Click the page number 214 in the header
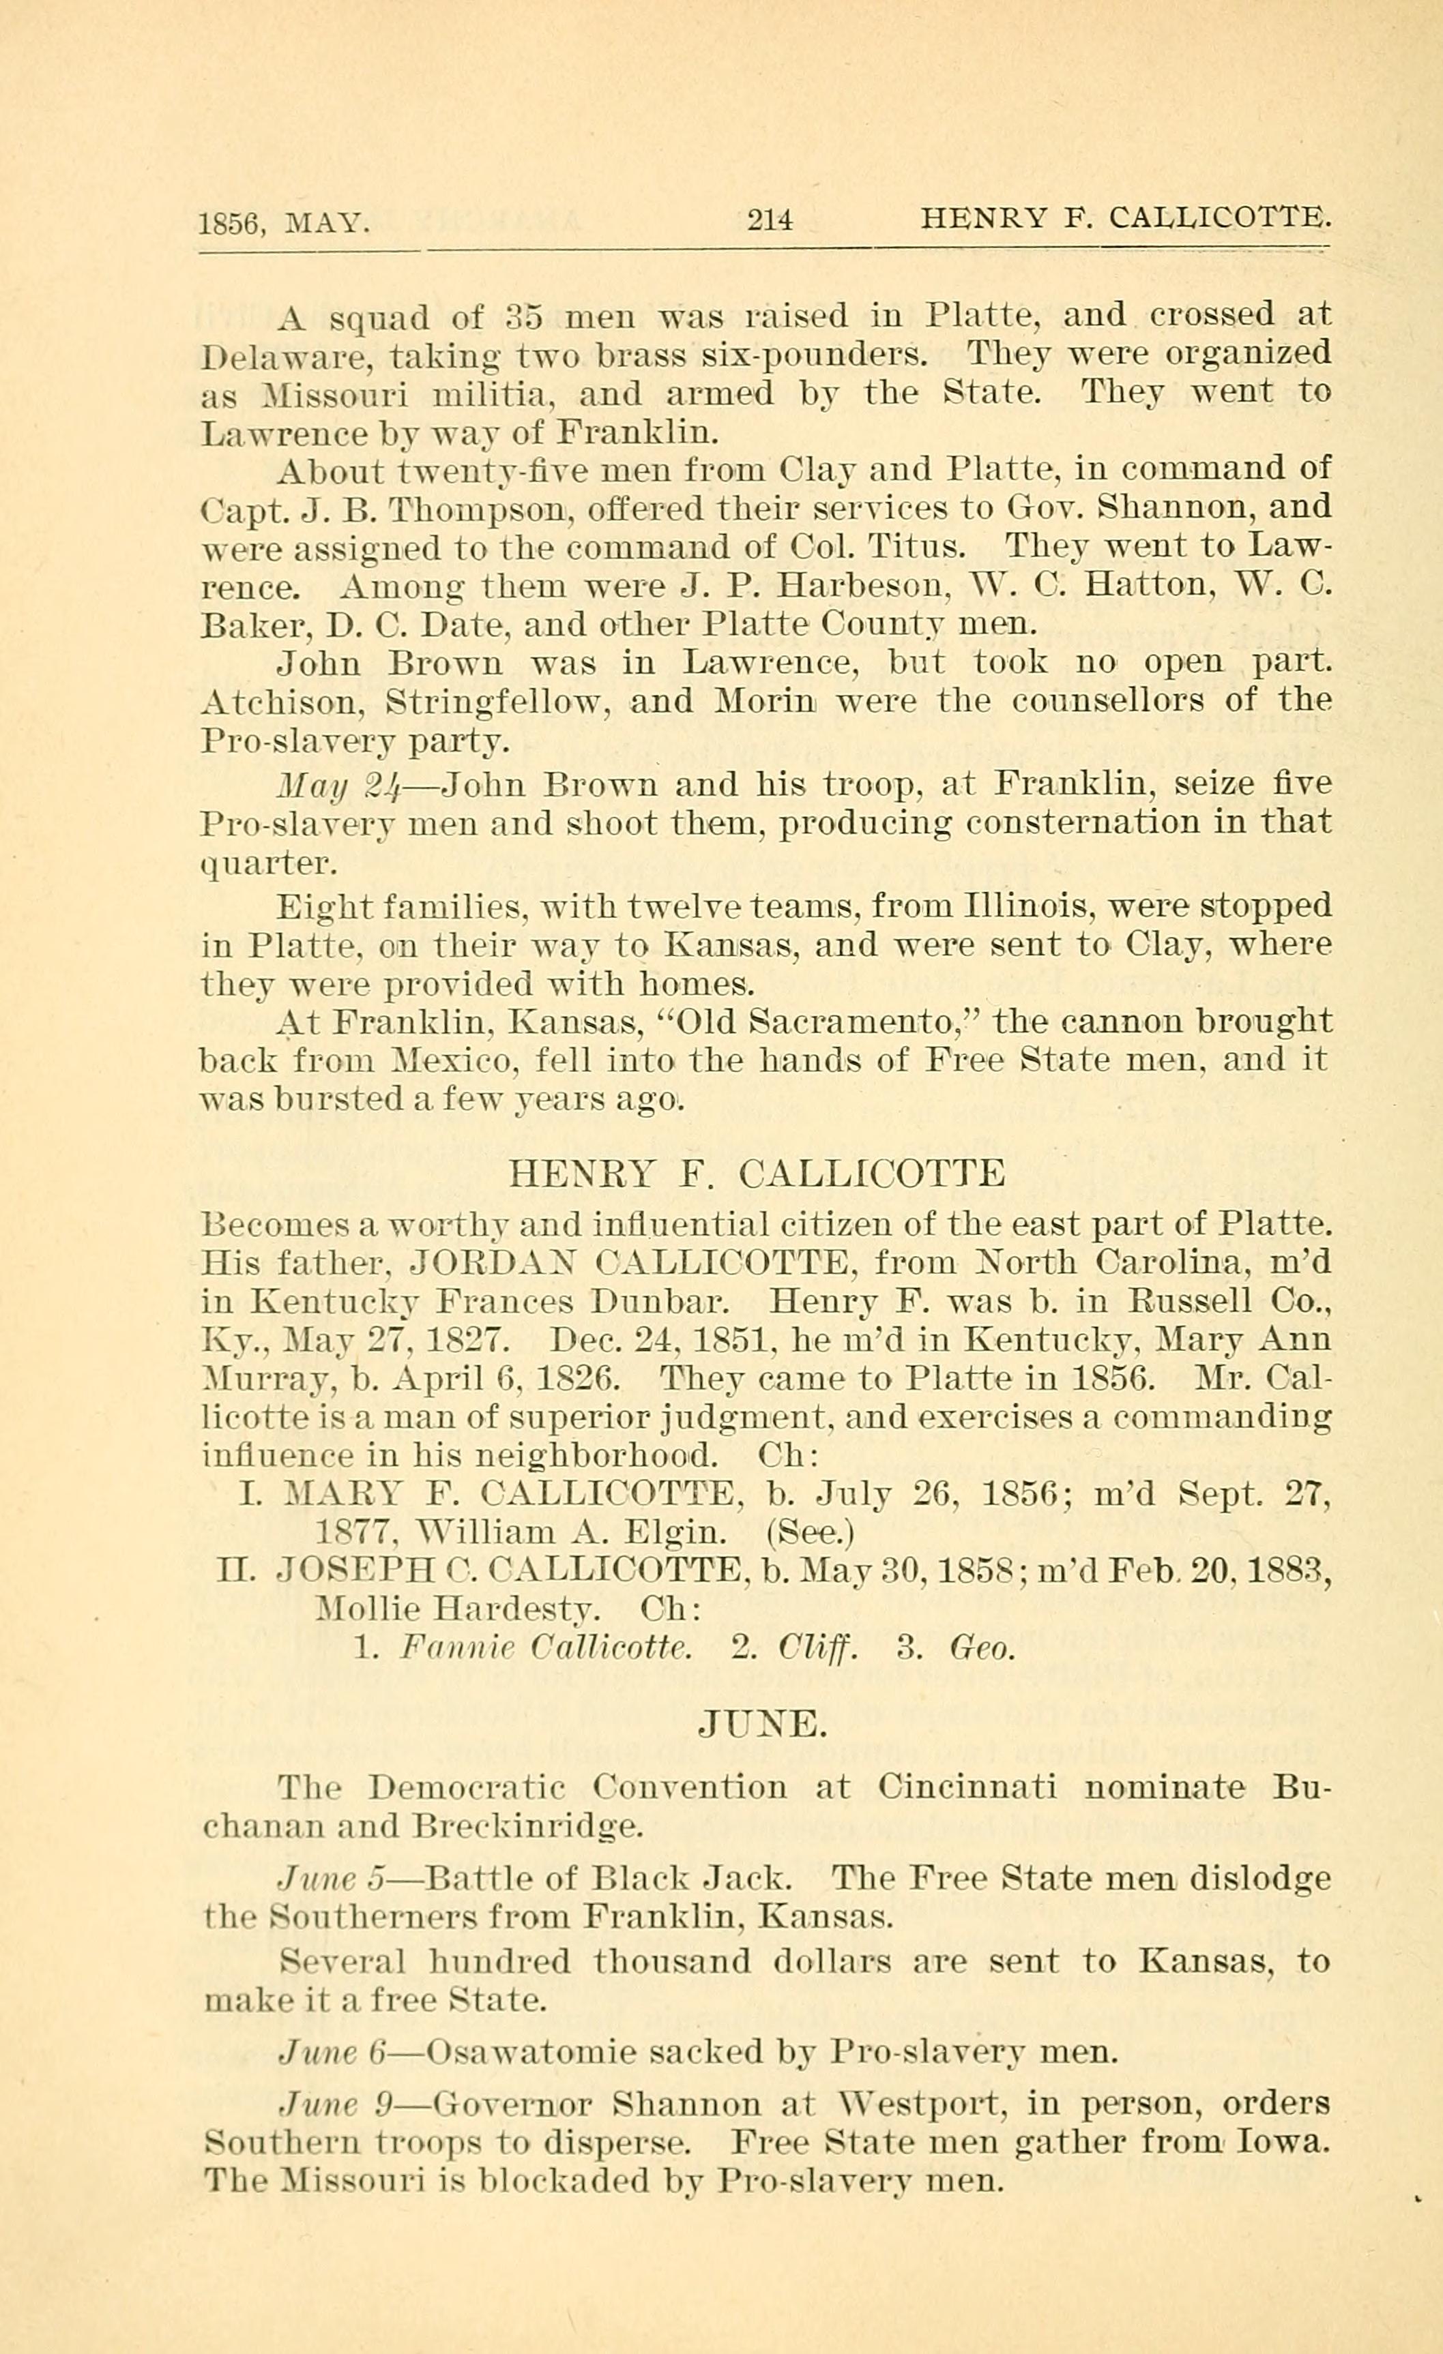(770, 221)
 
